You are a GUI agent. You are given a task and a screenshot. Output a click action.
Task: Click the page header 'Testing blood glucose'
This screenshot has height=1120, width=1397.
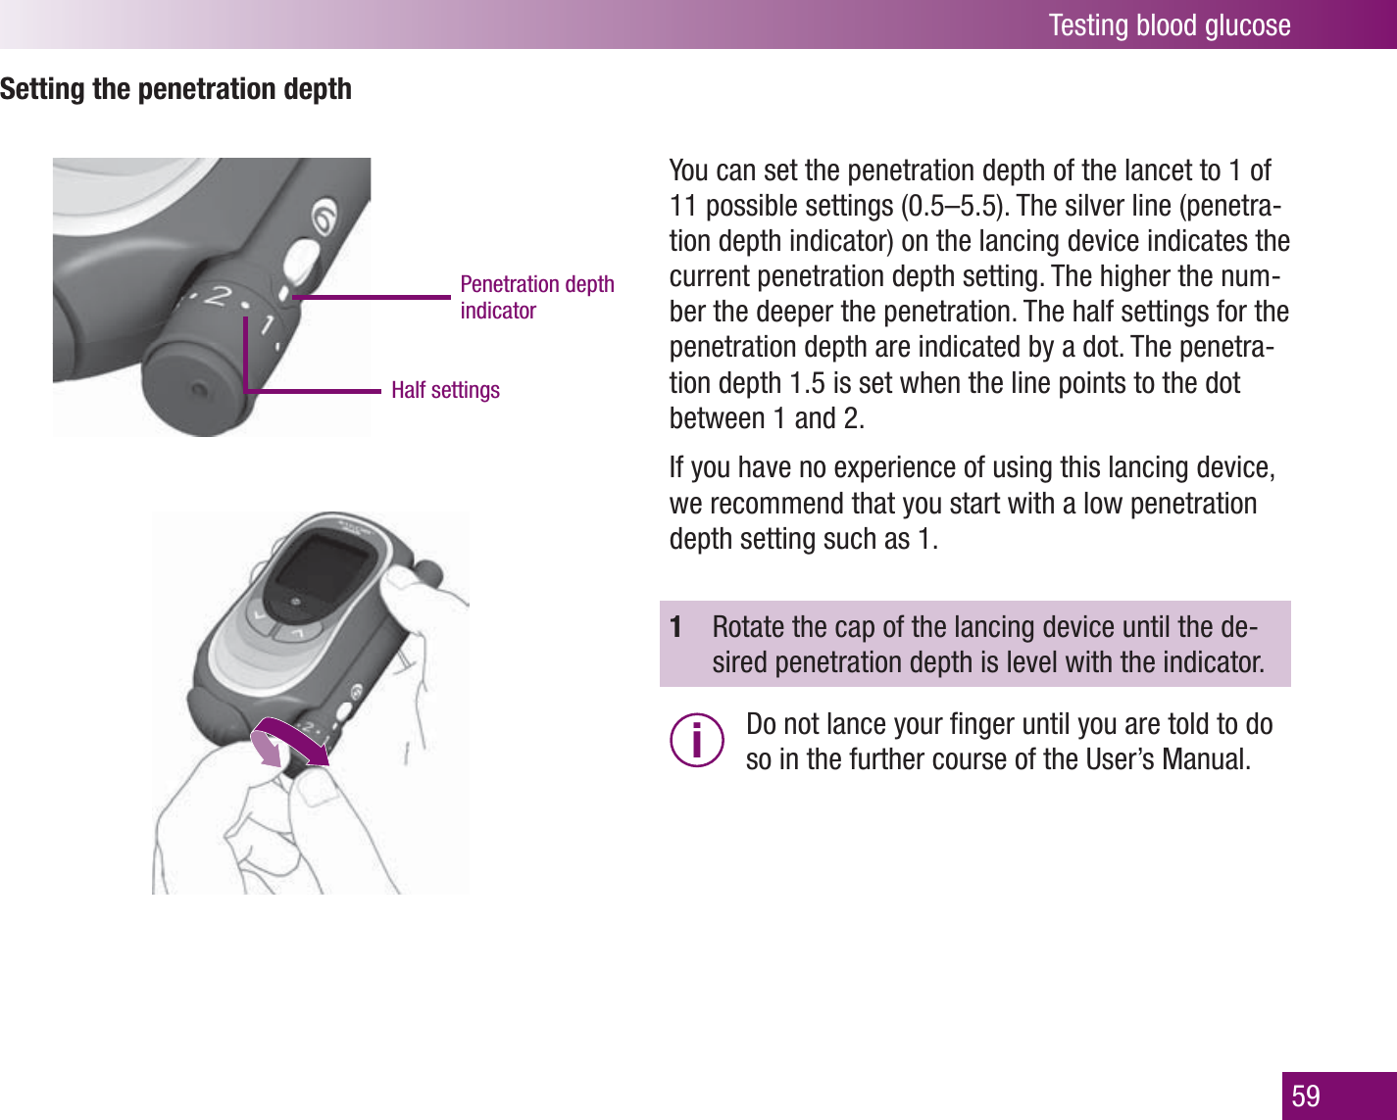[x=1169, y=24]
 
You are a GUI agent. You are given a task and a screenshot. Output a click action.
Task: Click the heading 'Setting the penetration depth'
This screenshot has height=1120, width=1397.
[x=176, y=89]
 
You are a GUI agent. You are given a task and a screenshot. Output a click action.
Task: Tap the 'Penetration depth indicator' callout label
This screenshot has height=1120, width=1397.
[x=536, y=297]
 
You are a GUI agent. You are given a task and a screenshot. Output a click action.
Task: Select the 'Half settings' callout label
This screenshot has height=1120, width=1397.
[x=445, y=390]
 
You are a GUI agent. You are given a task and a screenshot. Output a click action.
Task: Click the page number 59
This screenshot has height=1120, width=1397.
[x=1306, y=1096]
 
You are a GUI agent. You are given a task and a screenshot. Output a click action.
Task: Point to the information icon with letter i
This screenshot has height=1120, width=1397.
[x=697, y=740]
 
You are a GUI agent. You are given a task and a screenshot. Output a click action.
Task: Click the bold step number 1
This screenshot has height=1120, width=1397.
[x=675, y=627]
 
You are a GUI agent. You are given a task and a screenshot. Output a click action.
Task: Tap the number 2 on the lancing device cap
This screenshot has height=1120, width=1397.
[x=221, y=295]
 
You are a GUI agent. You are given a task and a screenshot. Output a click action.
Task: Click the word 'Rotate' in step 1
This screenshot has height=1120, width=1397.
[x=748, y=627]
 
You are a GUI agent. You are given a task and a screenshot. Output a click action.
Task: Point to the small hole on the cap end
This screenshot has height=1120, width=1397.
[x=199, y=390]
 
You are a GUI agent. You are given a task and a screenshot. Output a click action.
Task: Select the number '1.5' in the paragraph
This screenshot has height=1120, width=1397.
[x=807, y=383]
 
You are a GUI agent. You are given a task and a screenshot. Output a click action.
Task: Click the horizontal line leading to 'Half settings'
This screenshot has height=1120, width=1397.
[x=314, y=391]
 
